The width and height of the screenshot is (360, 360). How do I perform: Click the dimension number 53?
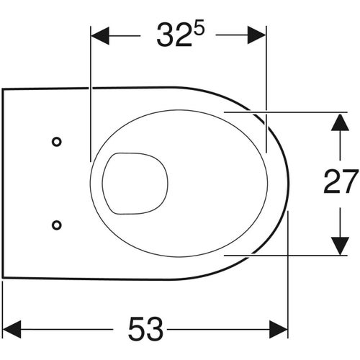click(144, 330)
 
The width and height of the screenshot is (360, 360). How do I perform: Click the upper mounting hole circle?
click(56, 141)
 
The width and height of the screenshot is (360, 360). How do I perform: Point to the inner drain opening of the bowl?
click(135, 183)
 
